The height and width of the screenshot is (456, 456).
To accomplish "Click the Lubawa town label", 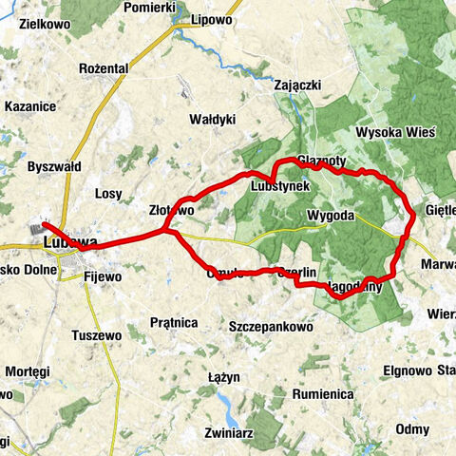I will (x=69, y=244).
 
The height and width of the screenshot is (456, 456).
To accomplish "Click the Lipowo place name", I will (x=211, y=19).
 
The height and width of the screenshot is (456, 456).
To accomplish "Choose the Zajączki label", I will (x=297, y=85).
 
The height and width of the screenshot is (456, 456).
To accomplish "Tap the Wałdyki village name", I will (x=213, y=120).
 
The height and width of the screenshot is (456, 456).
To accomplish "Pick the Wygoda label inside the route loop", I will (x=332, y=216).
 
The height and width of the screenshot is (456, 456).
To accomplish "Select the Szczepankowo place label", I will (x=272, y=326).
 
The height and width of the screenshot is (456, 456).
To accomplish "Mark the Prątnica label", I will (x=174, y=322).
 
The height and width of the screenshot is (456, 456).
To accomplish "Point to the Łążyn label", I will (x=221, y=377).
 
